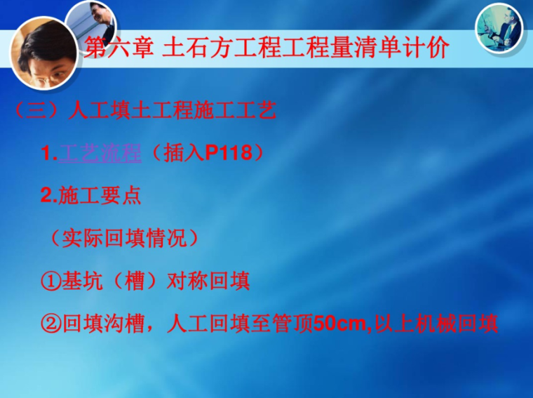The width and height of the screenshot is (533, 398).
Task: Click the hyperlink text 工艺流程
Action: point(102,154)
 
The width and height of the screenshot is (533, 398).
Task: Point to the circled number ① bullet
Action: point(51,282)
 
